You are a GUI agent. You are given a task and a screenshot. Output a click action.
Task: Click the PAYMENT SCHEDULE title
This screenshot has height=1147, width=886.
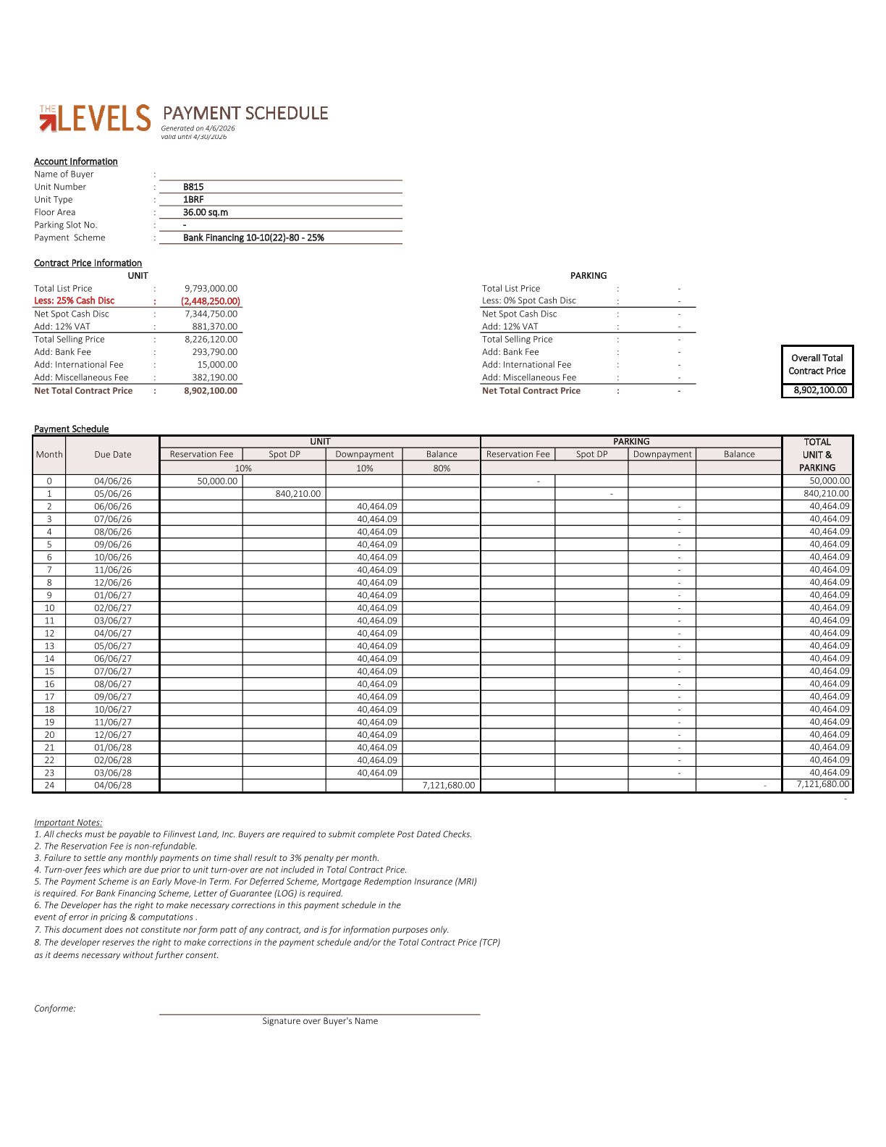pyautogui.click(x=245, y=114)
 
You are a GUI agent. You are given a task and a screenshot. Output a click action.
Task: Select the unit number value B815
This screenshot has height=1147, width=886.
pyautogui.click(x=193, y=187)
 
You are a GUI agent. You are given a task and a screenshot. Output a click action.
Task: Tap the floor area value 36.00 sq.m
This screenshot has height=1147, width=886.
pyautogui.click(x=206, y=212)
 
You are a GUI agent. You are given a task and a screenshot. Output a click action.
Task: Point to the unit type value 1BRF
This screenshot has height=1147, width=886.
pyautogui.click(x=193, y=200)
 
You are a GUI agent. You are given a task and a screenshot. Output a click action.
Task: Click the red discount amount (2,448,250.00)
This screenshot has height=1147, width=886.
pyautogui.click(x=211, y=301)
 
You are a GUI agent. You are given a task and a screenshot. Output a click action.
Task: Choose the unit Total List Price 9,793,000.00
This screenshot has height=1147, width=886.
pyautogui.click(x=211, y=288)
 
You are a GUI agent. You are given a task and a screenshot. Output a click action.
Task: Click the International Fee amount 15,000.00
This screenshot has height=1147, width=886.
pyautogui.click(x=217, y=365)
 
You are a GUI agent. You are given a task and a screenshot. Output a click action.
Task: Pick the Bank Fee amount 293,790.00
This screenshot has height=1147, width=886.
pyautogui.click(x=214, y=352)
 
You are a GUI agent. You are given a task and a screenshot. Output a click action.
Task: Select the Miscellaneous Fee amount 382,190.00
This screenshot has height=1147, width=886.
pyautogui.click(x=214, y=377)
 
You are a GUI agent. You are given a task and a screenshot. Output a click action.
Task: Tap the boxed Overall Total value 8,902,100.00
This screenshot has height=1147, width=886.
pyautogui.click(x=820, y=390)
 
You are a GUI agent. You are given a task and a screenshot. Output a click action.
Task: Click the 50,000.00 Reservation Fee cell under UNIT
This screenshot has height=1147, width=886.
pyautogui.click(x=217, y=481)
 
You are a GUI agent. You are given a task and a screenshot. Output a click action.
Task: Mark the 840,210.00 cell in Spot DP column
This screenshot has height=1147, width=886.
pyautogui.click(x=298, y=494)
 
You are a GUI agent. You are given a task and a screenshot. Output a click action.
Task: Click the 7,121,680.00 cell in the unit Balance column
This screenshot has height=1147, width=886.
pyautogui.click(x=449, y=785)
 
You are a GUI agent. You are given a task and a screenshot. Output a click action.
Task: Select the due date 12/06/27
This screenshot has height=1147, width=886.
pyautogui.click(x=113, y=734)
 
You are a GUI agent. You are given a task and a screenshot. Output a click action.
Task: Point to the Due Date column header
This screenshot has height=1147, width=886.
pyautogui.click(x=113, y=455)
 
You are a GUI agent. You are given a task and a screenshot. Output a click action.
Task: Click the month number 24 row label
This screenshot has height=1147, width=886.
pyautogui.click(x=49, y=785)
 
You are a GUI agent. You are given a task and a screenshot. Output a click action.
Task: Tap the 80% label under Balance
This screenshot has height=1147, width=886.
pyautogui.click(x=442, y=469)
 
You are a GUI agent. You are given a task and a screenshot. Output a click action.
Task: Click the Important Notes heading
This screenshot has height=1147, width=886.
pyautogui.click(x=68, y=823)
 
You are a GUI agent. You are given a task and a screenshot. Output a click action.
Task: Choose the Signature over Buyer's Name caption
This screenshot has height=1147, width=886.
pyautogui.click(x=320, y=1021)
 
